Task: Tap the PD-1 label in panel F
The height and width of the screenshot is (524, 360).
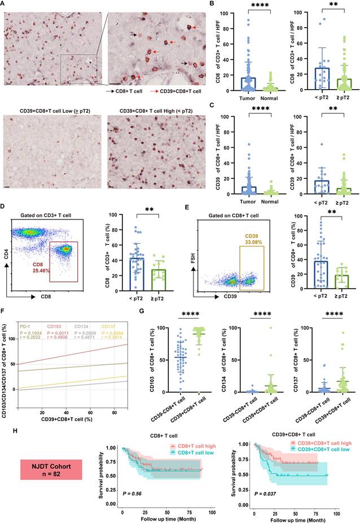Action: click(25, 325)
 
